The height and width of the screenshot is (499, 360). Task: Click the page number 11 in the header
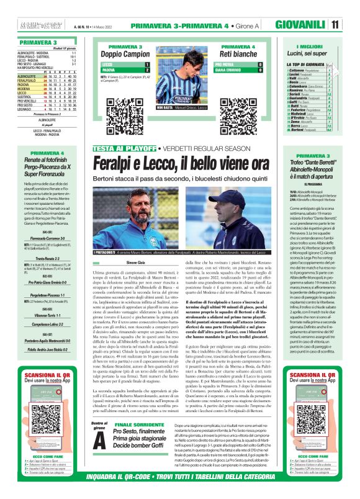352,25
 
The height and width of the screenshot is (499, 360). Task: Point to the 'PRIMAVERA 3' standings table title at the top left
21,42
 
